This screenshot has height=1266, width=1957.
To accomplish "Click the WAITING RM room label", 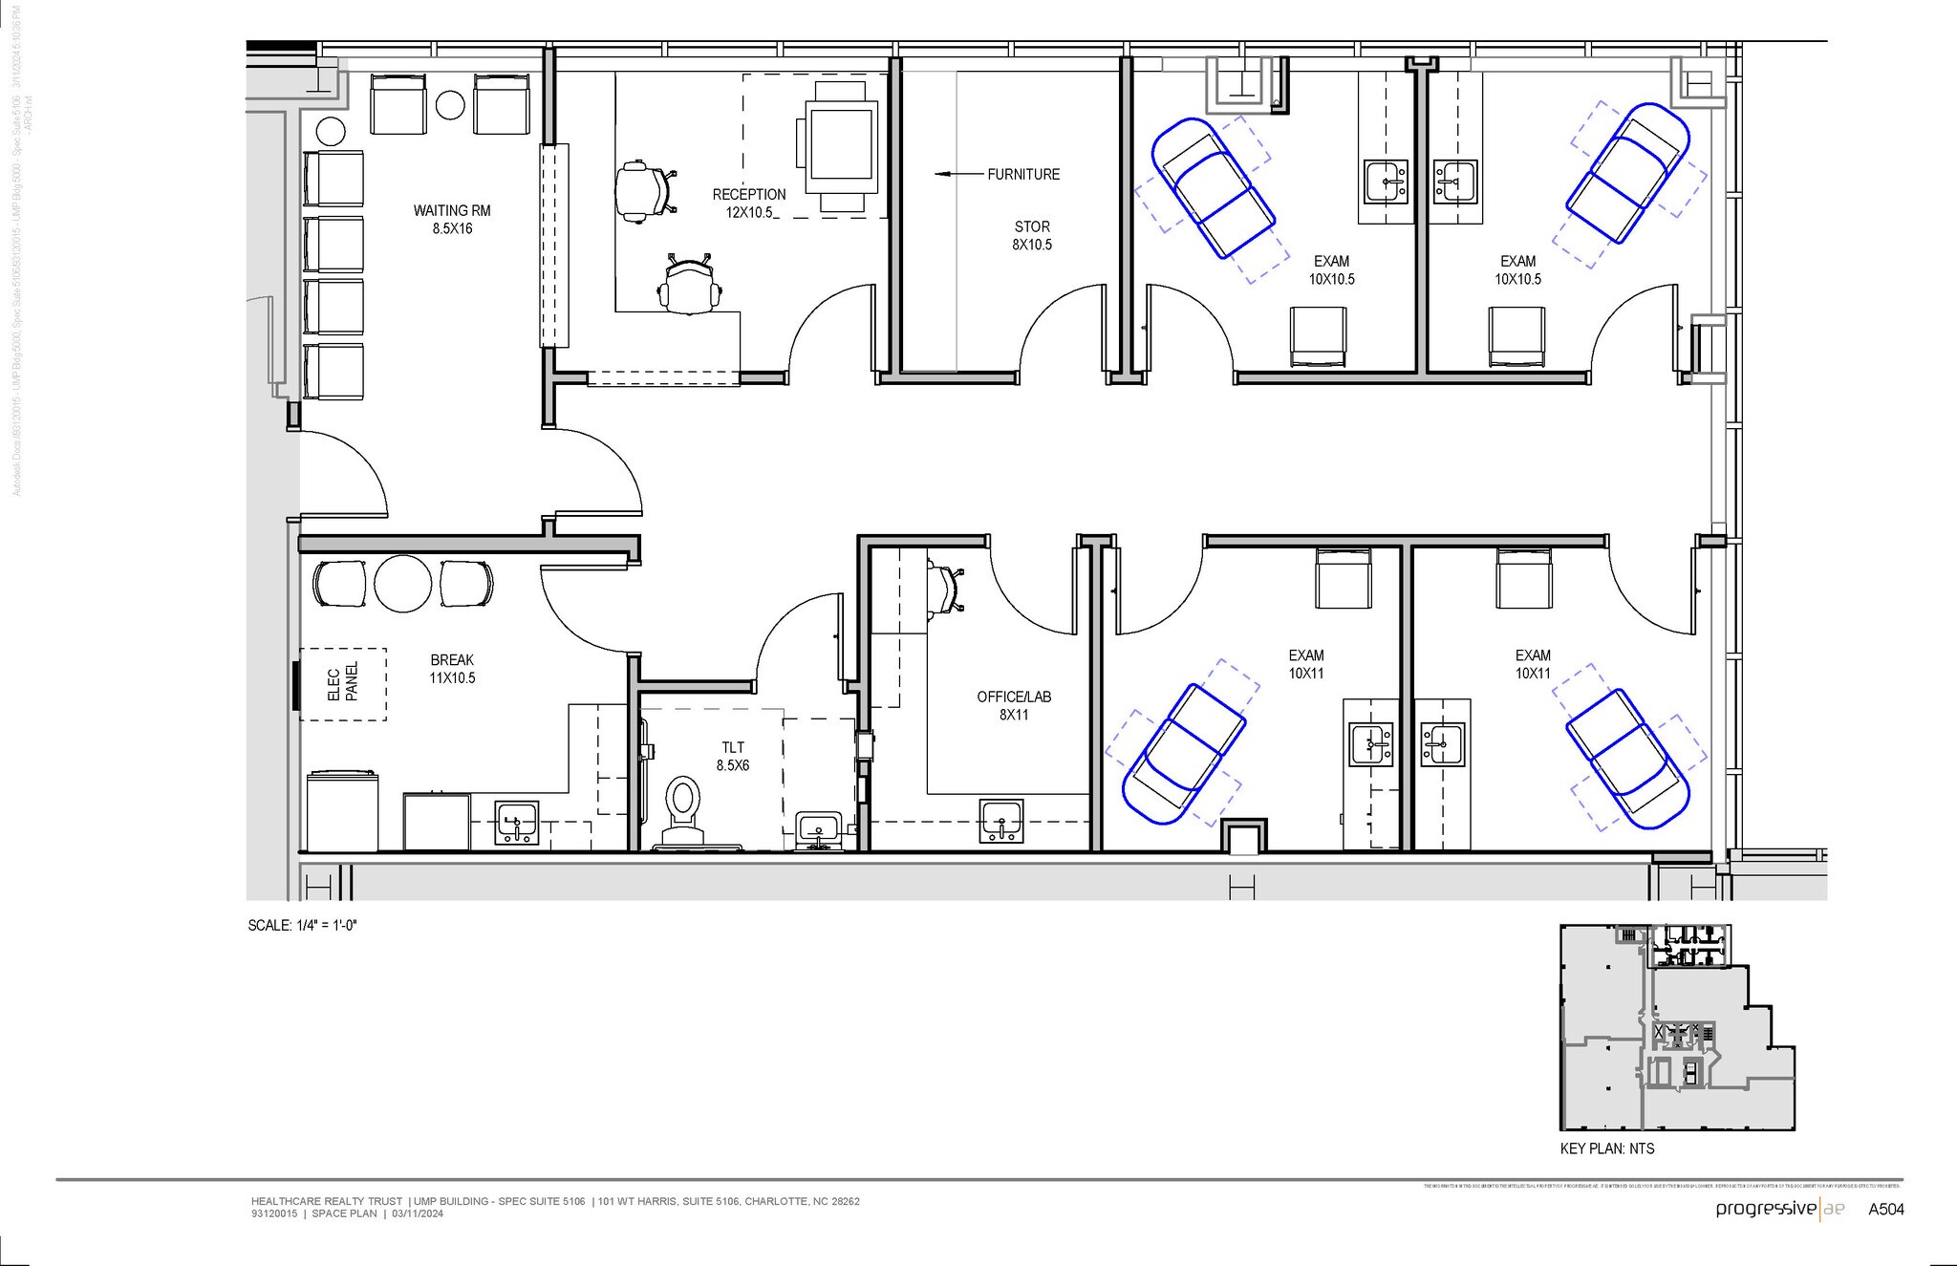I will (452, 219).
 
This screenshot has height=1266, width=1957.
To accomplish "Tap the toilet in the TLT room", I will (682, 807).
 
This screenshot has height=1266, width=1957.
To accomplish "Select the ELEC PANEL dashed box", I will (343, 684).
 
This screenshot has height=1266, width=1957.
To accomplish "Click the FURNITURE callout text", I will (1023, 174).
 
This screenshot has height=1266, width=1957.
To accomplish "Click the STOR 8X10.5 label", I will (1032, 235).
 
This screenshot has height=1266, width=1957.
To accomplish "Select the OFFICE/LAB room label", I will (1014, 705).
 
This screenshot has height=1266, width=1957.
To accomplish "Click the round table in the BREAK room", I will (404, 583).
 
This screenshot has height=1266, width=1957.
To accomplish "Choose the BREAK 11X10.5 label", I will (452, 669).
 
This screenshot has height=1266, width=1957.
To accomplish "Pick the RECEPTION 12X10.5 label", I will (749, 203).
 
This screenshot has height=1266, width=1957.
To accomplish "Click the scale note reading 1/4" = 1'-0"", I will (302, 925).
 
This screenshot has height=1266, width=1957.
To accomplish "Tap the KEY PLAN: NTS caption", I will (1607, 1148).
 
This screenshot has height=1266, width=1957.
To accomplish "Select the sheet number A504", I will (1886, 1209).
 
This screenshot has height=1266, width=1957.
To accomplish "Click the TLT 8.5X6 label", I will (733, 756).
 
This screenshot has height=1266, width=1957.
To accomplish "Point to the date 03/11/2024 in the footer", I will (418, 1213).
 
